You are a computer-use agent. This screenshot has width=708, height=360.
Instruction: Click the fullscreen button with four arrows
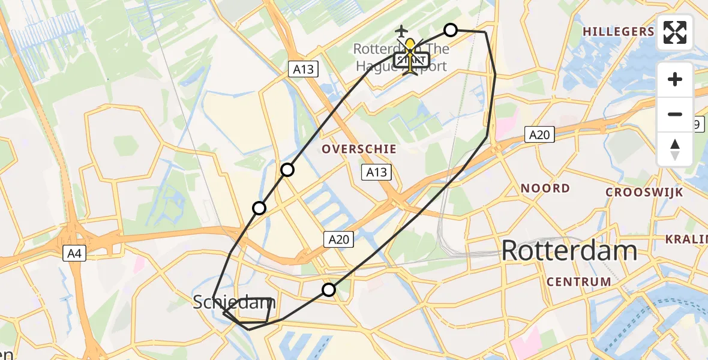[x=675, y=32]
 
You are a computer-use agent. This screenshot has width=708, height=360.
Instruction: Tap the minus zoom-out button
[x=675, y=114]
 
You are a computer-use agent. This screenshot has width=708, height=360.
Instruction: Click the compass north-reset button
[x=675, y=149]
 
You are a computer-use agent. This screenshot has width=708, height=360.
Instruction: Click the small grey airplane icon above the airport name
[x=401, y=31]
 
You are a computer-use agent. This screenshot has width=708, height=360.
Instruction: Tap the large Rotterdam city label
[x=569, y=250]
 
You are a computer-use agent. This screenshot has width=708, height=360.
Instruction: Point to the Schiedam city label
[x=233, y=302]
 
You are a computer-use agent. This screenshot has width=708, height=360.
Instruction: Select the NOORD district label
[x=545, y=188]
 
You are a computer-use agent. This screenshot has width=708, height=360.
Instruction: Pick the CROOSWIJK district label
[x=644, y=192]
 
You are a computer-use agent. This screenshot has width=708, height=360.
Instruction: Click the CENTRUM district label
[x=578, y=281]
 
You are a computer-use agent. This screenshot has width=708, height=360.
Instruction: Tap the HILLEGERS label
[x=618, y=32]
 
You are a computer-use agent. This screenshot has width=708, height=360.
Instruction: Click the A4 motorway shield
[x=76, y=254]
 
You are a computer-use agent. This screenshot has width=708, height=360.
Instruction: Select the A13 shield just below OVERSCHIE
[x=377, y=173]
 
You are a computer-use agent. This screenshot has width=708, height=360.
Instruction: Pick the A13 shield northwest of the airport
[x=303, y=70]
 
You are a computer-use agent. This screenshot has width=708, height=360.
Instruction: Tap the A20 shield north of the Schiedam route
[x=338, y=240]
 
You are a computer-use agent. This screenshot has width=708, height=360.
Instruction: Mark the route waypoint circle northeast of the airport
[x=451, y=30]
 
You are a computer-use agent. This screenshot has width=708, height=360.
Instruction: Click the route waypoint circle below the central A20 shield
[x=329, y=290]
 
